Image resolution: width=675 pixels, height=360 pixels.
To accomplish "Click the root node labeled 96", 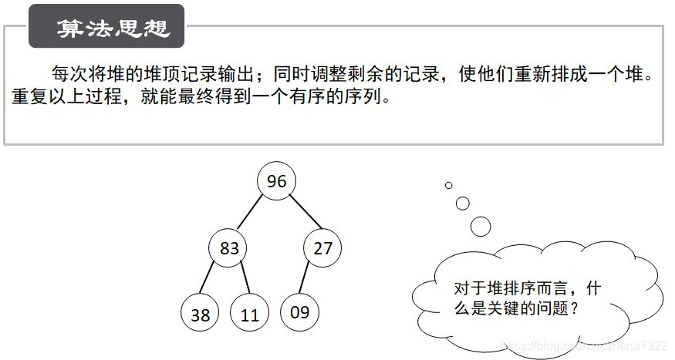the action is [276, 181].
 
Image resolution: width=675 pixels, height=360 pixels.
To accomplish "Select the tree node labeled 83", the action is [229, 248].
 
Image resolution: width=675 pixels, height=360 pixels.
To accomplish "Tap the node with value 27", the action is [322, 248].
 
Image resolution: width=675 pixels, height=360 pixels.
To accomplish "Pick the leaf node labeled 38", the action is [200, 315].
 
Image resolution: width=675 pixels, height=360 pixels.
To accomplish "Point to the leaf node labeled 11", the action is [249, 315].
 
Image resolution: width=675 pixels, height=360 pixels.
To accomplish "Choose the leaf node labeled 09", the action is [299, 312].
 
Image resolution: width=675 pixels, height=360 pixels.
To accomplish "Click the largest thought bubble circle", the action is [481, 226].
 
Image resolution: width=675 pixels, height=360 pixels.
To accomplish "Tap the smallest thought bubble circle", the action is [448, 185].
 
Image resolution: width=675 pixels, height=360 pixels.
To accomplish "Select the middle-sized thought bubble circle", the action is [463, 204].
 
